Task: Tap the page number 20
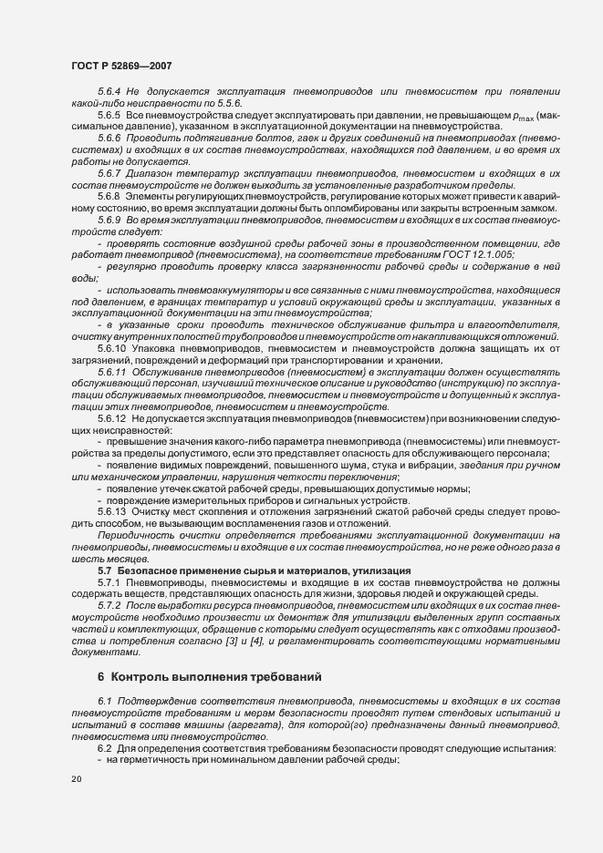point(77,779)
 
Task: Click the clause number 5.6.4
point(109,93)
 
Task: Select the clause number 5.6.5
point(109,116)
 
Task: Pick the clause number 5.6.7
point(109,172)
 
